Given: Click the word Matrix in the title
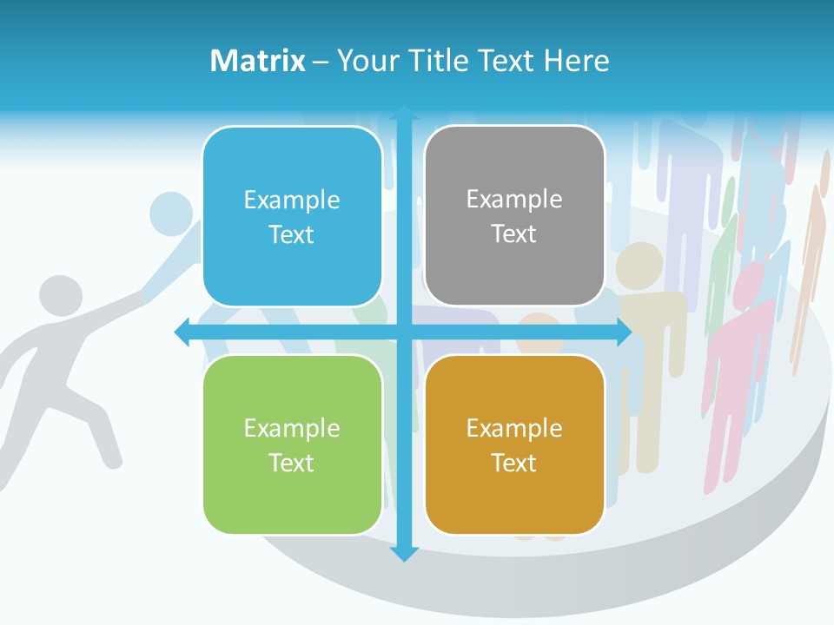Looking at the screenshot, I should (x=258, y=61).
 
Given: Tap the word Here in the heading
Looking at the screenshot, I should (x=577, y=61).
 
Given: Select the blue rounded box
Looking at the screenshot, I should (x=292, y=217).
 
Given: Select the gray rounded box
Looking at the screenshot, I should (x=514, y=216).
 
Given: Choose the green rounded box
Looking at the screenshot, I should (x=292, y=444).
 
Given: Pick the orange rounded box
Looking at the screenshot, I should (x=514, y=444).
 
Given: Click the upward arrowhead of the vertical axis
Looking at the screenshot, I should (x=404, y=113).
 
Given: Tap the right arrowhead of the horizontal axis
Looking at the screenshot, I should (x=623, y=332).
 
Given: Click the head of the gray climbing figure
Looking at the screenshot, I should (x=60, y=296).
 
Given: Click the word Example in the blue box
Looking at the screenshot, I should (x=292, y=201).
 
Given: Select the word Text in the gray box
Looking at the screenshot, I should (x=514, y=234).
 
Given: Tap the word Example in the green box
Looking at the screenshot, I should (x=292, y=428).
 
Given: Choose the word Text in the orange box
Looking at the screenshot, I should (x=514, y=463).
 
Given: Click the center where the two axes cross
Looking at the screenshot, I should (x=404, y=332).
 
